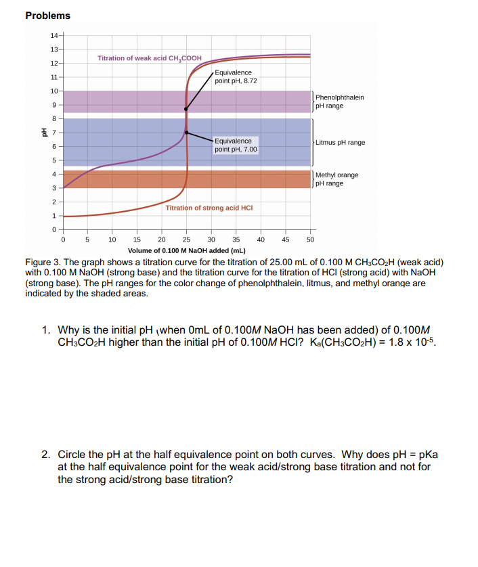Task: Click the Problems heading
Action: (x=47, y=16)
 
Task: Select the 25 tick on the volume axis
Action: (x=186, y=240)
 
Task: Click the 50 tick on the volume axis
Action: (x=310, y=240)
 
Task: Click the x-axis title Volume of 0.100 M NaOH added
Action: (x=186, y=250)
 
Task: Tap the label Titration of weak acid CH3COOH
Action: (x=149, y=59)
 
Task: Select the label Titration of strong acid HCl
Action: (x=209, y=208)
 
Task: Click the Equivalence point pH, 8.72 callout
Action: (x=236, y=76)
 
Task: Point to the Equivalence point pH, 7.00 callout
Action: (x=236, y=145)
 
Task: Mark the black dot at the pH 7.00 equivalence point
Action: (x=186, y=133)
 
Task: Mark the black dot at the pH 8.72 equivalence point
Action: (x=186, y=109)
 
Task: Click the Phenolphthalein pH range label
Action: (x=339, y=101)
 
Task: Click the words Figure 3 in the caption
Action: (x=43, y=262)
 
